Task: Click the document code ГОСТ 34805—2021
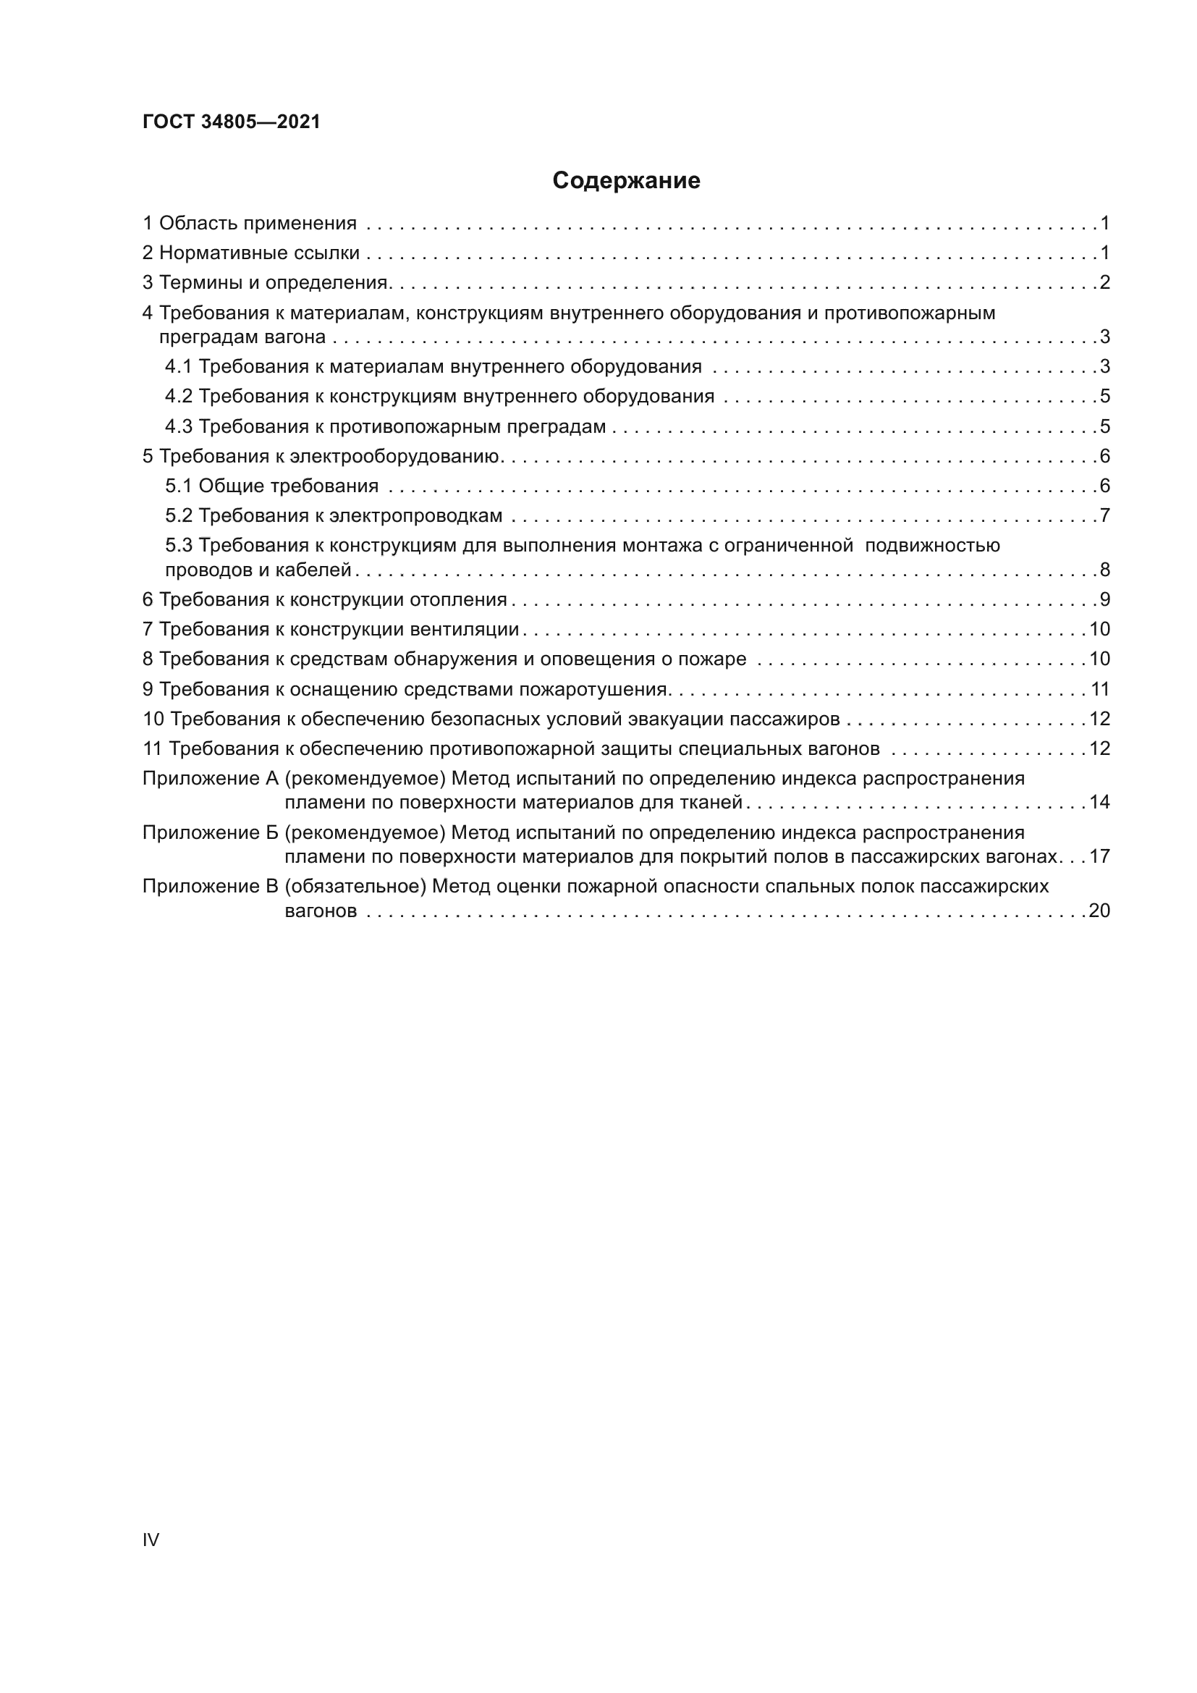232,122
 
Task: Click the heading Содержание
626,181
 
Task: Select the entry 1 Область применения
249,224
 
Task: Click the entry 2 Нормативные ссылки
250,253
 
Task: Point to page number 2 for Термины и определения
1104,283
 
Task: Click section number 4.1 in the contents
178,366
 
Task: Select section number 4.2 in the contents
178,397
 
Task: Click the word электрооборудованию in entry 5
395,457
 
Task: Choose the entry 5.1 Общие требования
271,486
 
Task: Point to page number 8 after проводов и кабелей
1104,570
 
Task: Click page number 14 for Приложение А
1099,802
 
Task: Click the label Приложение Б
210,832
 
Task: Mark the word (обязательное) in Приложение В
355,887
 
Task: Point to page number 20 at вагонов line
1099,911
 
